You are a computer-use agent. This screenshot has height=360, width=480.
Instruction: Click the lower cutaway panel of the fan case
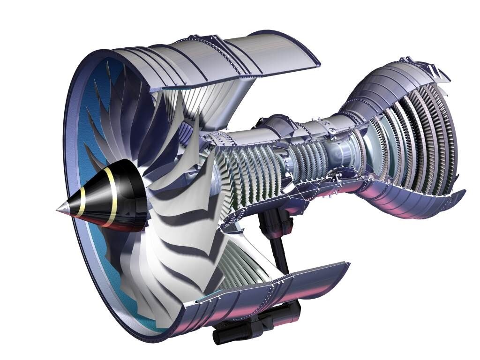point(262,291)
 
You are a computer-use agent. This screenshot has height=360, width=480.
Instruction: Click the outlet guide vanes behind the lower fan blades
point(244,262)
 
